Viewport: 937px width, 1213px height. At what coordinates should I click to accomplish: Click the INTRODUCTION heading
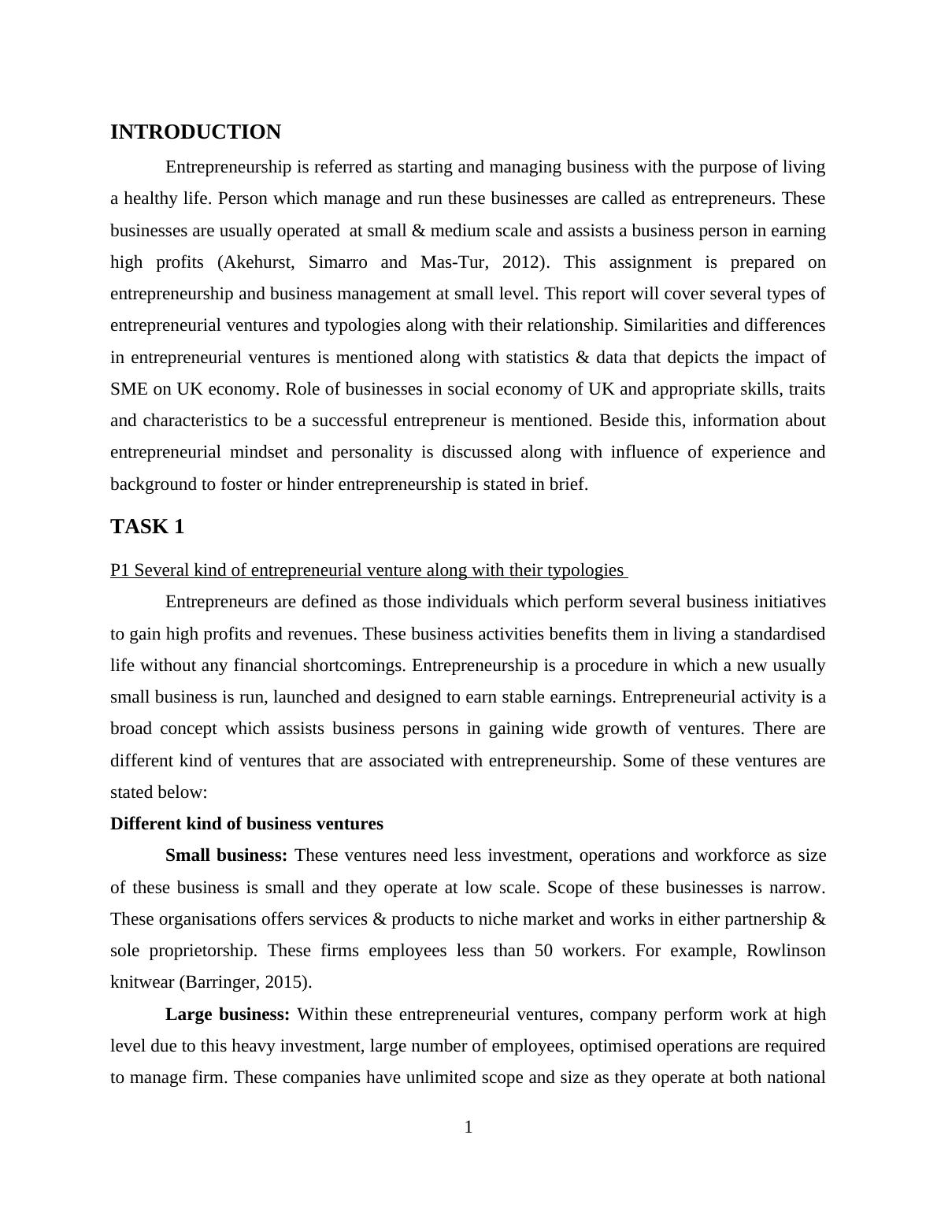tap(195, 132)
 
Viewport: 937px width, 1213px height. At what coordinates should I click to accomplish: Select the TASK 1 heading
tap(147, 527)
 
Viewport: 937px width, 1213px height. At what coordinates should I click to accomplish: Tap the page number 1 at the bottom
tap(468, 1128)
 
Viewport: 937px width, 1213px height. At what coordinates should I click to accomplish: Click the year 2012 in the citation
tap(521, 262)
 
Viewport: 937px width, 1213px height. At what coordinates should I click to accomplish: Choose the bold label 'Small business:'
tap(226, 855)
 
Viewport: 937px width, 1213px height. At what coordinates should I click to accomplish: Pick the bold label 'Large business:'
tap(228, 1015)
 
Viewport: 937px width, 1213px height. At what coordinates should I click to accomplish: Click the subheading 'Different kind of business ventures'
tap(246, 824)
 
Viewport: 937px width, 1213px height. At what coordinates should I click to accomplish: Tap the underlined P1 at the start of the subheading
tap(119, 570)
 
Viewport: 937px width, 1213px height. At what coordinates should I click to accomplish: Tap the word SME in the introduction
tap(126, 389)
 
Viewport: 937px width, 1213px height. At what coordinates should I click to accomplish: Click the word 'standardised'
tap(774, 634)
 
